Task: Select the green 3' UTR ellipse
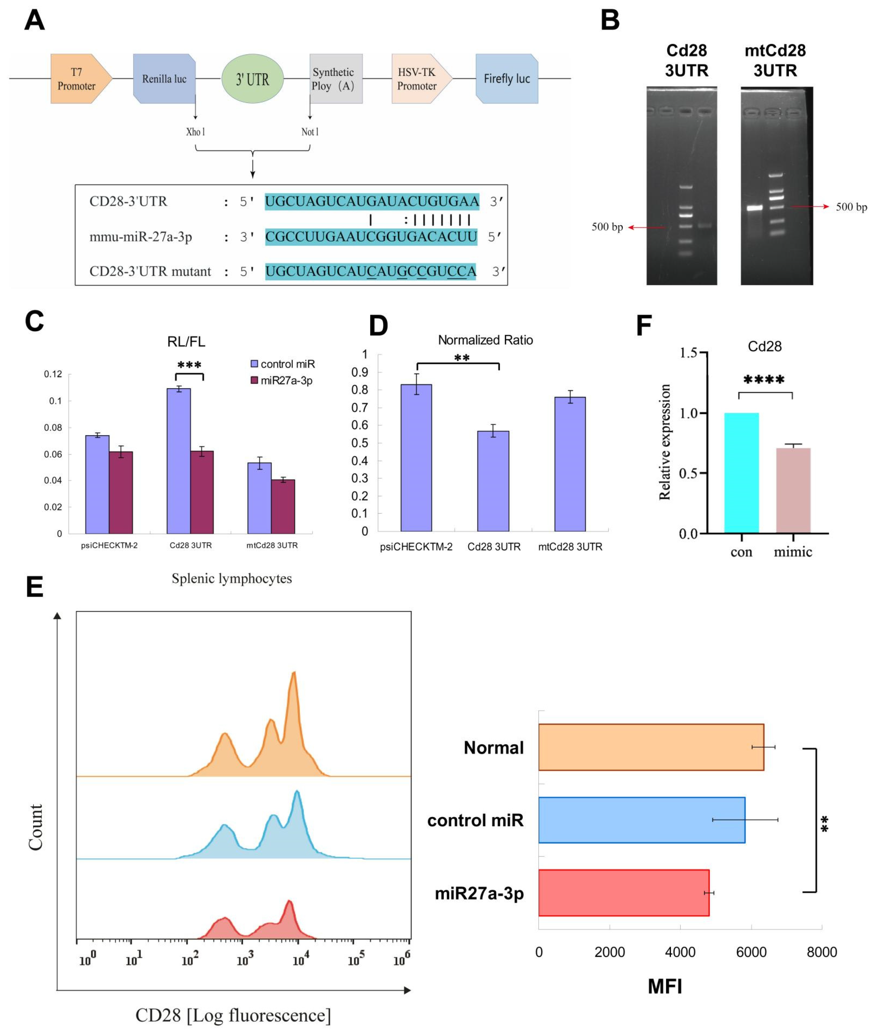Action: coord(252,79)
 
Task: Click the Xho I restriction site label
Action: coord(195,132)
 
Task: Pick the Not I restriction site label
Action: coord(310,132)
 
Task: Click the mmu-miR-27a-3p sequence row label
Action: coord(141,237)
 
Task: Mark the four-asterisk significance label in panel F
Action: coord(764,380)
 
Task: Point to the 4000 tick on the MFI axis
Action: coord(680,952)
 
